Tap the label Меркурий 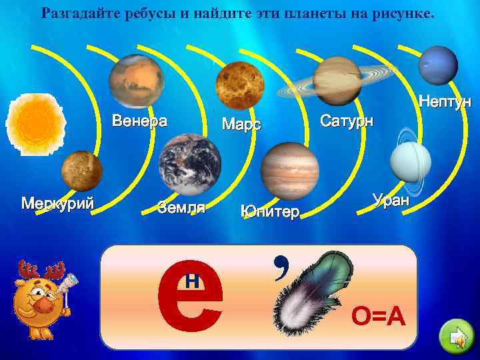(x=57, y=203)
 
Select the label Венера (x=139, y=121)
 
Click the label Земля (x=181, y=207)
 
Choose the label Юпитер (x=270, y=212)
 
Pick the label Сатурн (x=347, y=121)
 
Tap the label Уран (x=393, y=199)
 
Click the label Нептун (x=445, y=102)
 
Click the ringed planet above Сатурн (x=337, y=80)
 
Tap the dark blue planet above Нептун (x=437, y=65)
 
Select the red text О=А (x=379, y=320)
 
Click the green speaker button (x=456, y=339)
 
